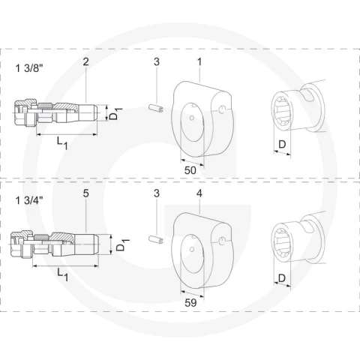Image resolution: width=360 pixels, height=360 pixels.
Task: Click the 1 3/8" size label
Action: click(29, 68)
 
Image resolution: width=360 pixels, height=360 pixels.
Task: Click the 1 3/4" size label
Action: click(29, 200)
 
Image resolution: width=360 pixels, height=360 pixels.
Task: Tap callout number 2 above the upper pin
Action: click(85, 61)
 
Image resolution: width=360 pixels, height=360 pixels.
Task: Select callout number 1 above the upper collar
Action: click(199, 61)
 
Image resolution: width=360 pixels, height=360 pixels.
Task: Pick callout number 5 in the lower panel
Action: click(85, 193)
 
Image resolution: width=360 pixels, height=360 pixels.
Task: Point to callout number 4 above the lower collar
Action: click(199, 193)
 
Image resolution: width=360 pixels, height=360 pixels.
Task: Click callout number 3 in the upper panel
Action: click(157, 61)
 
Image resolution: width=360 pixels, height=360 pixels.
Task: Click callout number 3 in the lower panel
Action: click(157, 193)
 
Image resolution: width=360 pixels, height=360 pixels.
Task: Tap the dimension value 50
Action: click(190, 170)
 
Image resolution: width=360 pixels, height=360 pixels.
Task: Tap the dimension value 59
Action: click(190, 303)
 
